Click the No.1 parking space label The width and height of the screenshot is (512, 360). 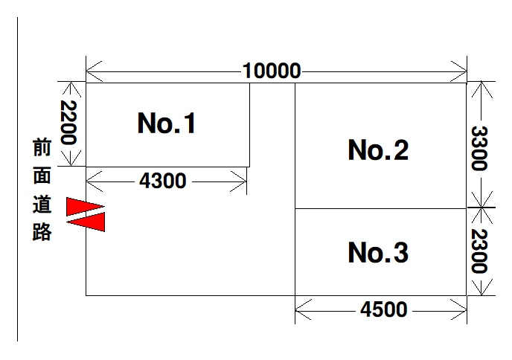(166, 123)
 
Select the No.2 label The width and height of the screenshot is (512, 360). (378, 150)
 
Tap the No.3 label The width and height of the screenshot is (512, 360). (378, 252)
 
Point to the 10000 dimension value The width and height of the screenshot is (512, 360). (272, 71)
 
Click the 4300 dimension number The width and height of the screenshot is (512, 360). (163, 181)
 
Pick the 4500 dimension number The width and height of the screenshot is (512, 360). (384, 309)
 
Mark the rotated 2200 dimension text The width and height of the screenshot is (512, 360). (68, 123)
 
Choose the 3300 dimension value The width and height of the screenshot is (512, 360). (479, 148)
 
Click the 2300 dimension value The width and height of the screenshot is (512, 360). (479, 251)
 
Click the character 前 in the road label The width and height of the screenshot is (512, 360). (42, 147)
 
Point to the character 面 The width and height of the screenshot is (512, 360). (42, 176)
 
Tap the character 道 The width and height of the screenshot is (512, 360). (42, 204)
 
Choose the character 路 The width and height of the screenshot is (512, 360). (42, 232)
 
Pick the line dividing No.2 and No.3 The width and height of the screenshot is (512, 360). (381, 208)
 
